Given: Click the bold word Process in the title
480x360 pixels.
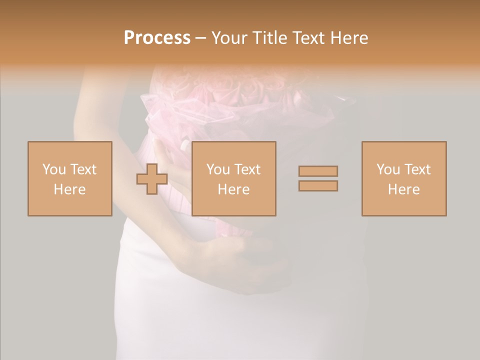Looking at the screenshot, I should [157, 38].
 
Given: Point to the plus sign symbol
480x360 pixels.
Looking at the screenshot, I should [152, 179].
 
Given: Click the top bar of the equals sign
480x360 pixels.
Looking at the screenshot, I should [318, 171].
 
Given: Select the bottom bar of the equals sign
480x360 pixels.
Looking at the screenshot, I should [318, 186].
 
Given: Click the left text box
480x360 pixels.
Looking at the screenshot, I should [70, 178].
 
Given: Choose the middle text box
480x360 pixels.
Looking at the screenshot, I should [234, 178].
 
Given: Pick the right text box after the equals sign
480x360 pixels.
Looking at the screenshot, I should [404, 178].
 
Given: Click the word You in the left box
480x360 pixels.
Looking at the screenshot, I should [54, 169].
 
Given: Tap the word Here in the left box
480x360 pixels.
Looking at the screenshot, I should [70, 189].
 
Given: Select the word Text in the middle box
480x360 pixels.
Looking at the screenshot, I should [247, 169].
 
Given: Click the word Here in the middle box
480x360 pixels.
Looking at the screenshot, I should [234, 189].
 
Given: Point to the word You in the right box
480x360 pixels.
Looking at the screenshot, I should [388, 169].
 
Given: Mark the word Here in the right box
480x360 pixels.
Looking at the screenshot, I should [404, 189].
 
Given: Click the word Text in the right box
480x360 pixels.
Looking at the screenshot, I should [417, 169].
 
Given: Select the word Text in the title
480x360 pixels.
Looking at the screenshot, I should [306, 38].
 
